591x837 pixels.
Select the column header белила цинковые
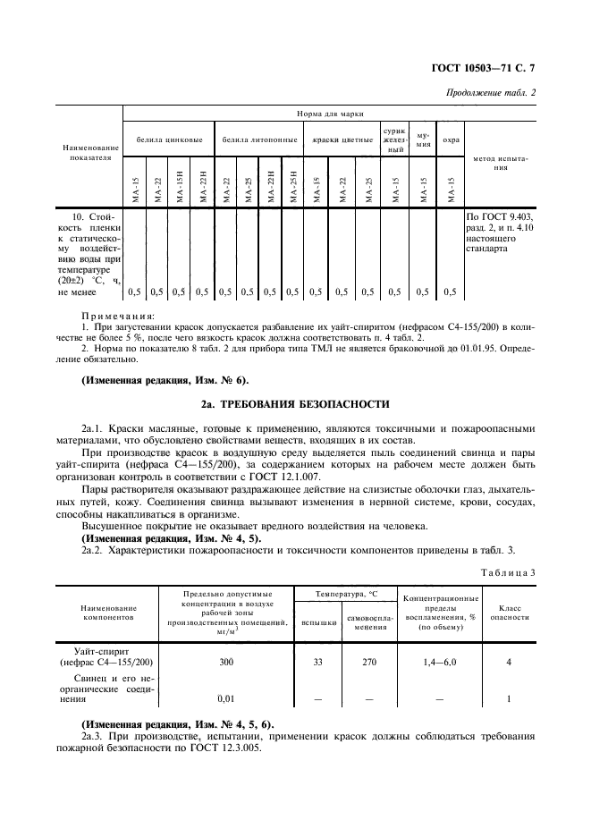point(169,140)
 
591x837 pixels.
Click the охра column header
point(452,140)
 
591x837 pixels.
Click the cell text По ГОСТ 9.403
point(497,216)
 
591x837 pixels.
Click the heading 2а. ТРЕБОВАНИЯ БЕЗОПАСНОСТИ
point(295,402)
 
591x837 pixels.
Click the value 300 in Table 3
point(227,663)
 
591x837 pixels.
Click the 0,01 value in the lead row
point(227,698)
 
